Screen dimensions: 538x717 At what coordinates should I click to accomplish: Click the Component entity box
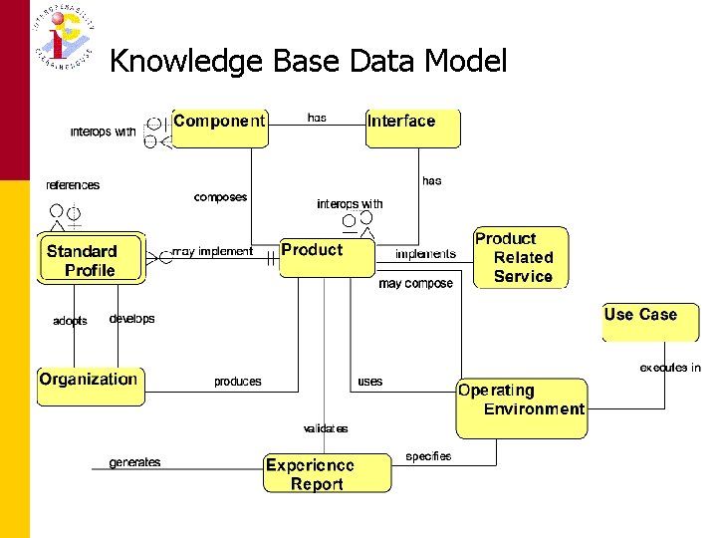(219, 128)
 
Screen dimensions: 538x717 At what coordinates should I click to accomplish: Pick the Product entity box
(326, 257)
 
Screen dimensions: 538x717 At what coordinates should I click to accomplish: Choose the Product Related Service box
(519, 257)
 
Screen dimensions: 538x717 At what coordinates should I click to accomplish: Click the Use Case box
(650, 322)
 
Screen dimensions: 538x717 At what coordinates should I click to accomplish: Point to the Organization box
(90, 386)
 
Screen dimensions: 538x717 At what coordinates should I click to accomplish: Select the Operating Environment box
(521, 406)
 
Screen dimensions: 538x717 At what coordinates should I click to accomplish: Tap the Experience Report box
(327, 474)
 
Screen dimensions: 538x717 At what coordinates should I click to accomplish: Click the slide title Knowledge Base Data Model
(308, 62)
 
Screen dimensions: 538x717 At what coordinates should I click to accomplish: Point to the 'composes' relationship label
(220, 197)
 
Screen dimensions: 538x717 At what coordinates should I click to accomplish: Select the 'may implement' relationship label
(212, 252)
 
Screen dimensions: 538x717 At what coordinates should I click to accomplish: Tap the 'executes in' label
(669, 368)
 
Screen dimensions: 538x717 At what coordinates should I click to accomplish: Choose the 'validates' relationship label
(326, 428)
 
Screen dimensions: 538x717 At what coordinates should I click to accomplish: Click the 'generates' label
(134, 462)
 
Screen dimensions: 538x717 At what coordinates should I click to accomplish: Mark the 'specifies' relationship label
(428, 456)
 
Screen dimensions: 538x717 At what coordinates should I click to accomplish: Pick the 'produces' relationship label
(237, 382)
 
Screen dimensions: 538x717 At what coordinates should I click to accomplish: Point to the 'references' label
(73, 185)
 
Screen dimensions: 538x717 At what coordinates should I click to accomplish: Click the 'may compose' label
(415, 284)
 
